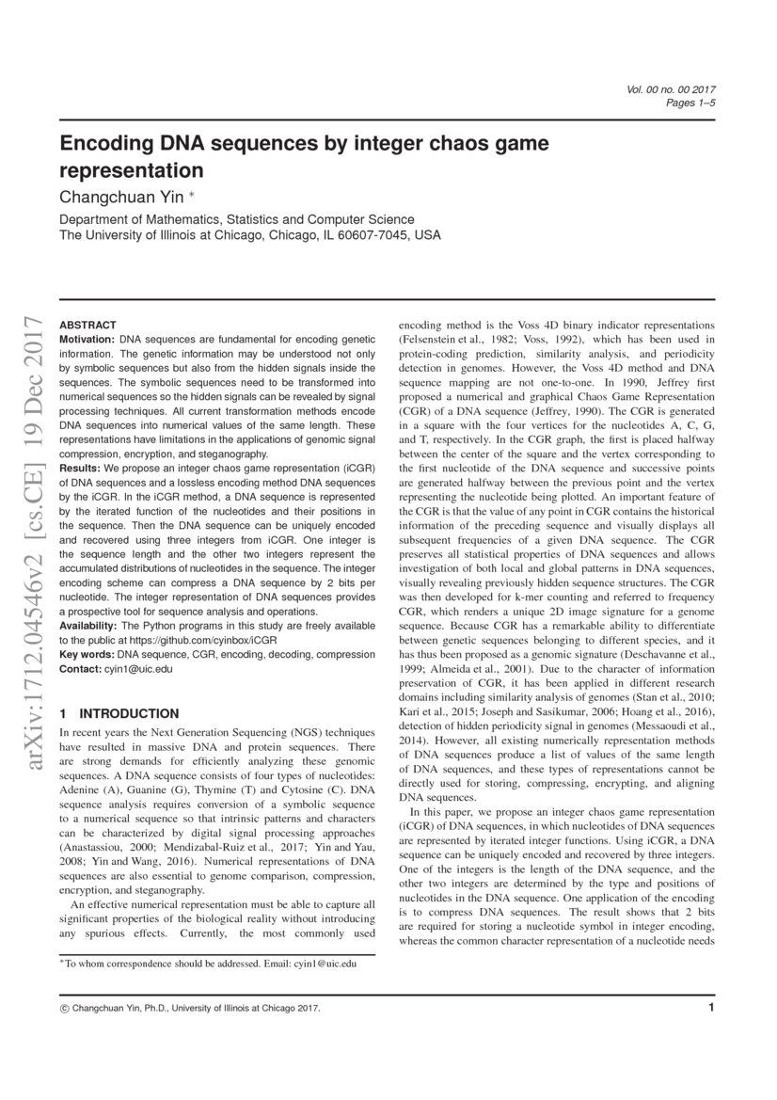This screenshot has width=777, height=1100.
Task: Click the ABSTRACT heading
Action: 87,324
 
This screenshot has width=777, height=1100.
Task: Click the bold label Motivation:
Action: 87,337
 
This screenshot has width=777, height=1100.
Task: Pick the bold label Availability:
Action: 89,626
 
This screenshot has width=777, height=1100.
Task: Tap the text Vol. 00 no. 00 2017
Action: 671,89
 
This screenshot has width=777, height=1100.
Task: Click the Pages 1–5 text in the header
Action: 691,103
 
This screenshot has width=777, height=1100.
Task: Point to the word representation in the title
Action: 132,171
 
